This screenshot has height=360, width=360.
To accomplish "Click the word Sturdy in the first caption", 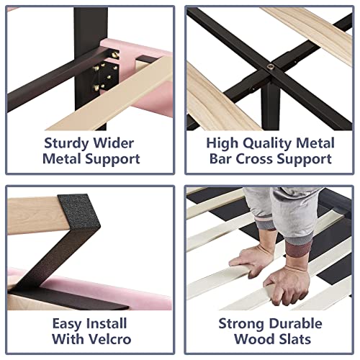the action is pos(66,143).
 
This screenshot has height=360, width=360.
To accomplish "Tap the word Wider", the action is pos(113,143).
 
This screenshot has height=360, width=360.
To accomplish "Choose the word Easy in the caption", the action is pos(66,324).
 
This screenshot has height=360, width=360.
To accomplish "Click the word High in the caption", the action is pos(222,143).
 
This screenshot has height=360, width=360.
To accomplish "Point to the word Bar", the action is pos(220,159).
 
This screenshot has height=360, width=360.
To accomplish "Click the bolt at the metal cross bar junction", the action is pos(271,67).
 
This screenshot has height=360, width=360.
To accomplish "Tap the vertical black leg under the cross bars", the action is pos(271,107).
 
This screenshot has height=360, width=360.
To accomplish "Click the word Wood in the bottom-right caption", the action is pos(253,339).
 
